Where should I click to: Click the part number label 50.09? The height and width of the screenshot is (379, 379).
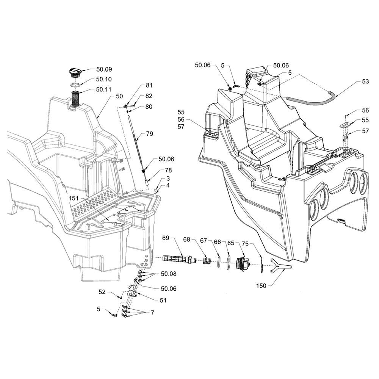click(104, 69)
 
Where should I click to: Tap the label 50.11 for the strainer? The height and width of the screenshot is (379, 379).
click(104, 89)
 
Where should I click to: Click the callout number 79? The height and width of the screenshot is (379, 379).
click(150, 134)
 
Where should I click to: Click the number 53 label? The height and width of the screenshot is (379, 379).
click(365, 81)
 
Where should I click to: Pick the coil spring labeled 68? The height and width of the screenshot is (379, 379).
click(206, 261)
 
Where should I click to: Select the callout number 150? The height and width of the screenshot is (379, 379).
click(261, 286)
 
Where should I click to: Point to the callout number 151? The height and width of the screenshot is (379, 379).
click(74, 198)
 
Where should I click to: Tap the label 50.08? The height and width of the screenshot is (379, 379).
click(169, 274)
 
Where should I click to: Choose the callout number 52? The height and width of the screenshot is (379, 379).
click(102, 292)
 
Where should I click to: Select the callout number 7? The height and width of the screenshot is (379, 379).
click(152, 313)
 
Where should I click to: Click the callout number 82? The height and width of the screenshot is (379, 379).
click(149, 96)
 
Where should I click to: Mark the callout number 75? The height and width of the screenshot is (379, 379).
click(245, 244)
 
